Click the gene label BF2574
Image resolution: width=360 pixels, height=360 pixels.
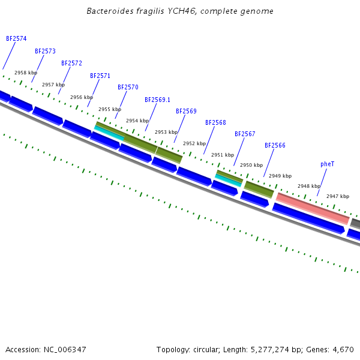(x=16, y=38)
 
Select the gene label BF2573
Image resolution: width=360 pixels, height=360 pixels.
(x=45, y=52)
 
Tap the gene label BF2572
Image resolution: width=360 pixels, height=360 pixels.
(x=71, y=63)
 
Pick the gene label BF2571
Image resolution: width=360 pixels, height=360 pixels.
(x=100, y=76)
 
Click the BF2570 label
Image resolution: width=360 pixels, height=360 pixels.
(x=128, y=87)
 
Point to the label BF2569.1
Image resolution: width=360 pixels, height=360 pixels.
(x=157, y=100)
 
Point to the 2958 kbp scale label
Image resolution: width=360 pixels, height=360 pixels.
(x=26, y=73)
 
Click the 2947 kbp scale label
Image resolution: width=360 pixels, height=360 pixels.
(x=337, y=196)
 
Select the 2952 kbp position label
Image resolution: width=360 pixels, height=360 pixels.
(x=194, y=143)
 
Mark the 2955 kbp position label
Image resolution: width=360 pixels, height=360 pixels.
(x=110, y=109)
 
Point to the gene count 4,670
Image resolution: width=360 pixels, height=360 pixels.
(x=343, y=349)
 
